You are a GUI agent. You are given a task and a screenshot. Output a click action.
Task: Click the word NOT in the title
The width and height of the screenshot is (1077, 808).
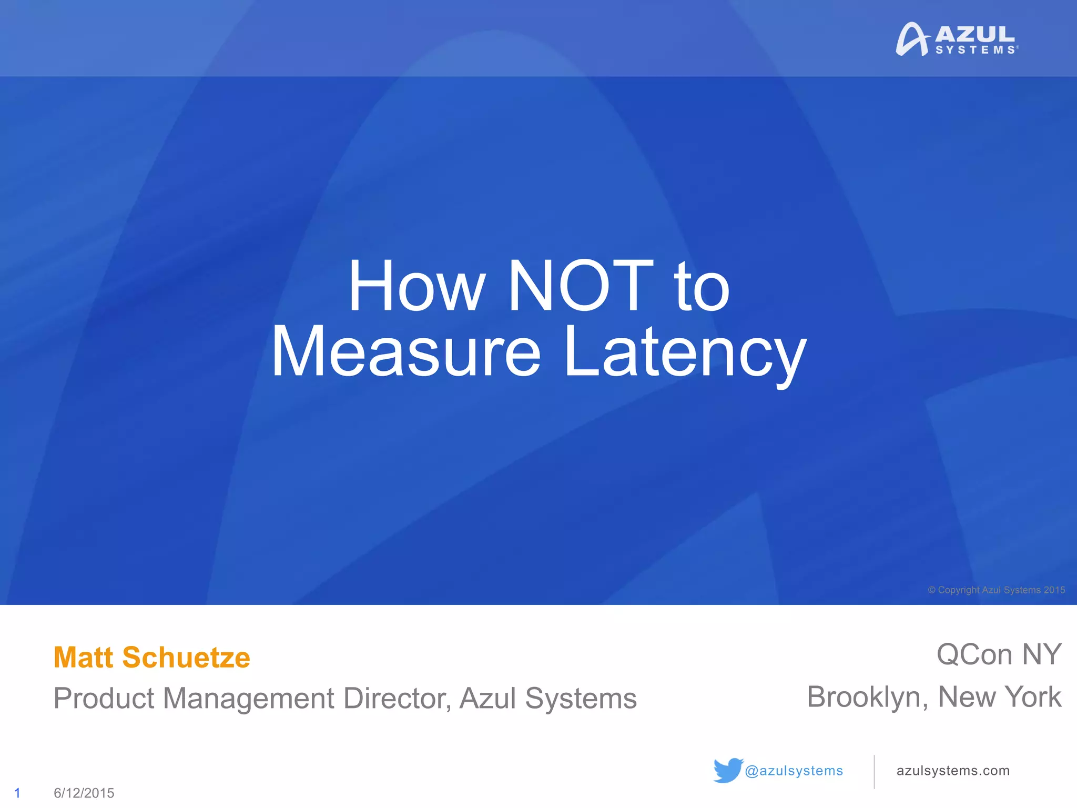click(581, 286)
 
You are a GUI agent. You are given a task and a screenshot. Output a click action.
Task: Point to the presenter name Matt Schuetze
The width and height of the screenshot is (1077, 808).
click(152, 658)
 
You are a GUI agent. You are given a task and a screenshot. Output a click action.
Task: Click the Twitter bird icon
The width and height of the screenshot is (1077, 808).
click(728, 770)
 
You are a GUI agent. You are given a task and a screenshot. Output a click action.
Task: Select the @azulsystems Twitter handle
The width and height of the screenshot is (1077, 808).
click(794, 771)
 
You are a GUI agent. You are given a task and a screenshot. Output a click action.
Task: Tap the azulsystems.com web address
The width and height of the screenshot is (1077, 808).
click(953, 771)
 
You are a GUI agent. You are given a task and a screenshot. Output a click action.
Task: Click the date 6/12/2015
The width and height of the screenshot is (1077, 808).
click(84, 793)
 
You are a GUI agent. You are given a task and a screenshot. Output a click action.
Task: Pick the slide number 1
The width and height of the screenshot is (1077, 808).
click(17, 793)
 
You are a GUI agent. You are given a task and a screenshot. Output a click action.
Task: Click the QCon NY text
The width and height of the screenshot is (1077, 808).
click(999, 655)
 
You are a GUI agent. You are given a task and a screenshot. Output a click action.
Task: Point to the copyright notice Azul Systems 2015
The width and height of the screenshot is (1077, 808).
click(997, 590)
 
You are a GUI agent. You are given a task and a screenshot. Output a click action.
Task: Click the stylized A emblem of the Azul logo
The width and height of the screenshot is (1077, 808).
click(912, 39)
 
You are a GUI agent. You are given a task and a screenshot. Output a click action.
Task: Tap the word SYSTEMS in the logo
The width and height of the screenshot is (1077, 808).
click(976, 50)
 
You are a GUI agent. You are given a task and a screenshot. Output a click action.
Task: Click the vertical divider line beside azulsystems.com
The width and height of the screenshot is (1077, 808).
click(874, 772)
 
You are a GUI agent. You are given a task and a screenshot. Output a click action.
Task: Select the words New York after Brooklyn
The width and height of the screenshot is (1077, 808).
click(1000, 698)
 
